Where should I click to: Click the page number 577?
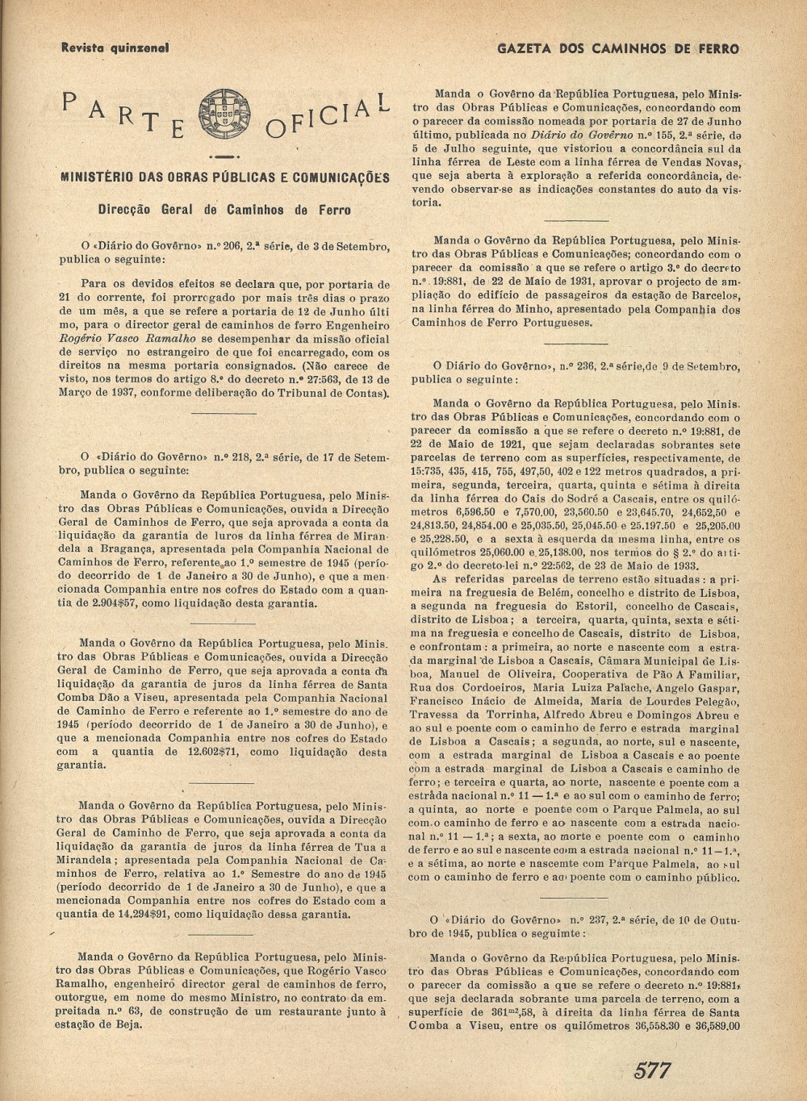coord(653,1070)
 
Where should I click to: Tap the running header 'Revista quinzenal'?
coord(115,48)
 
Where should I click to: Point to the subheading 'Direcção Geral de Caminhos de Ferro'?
coord(224,210)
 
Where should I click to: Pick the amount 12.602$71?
coord(211,752)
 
